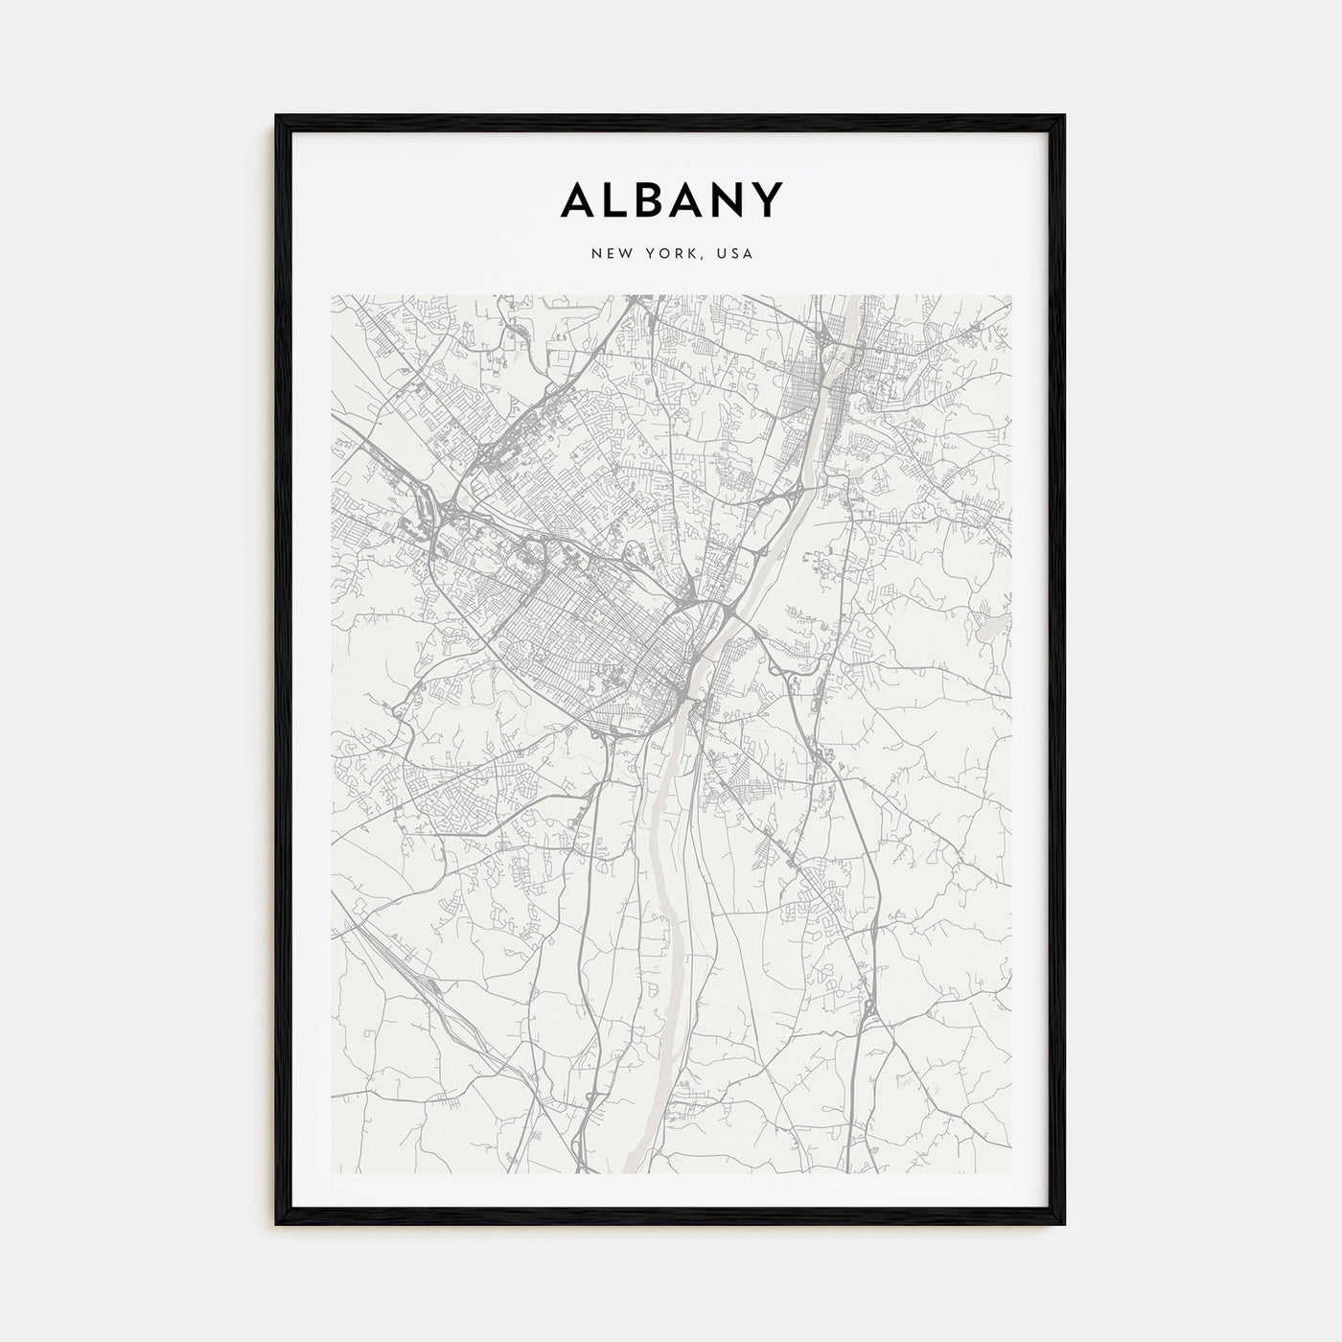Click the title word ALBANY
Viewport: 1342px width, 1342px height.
tap(671, 199)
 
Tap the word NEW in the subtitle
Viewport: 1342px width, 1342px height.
tap(610, 254)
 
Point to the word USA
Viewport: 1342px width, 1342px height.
tap(739, 254)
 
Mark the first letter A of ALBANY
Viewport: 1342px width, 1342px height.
tap(575, 199)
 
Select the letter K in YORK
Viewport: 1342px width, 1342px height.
tap(697, 254)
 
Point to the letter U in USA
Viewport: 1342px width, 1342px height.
tap(727, 254)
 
